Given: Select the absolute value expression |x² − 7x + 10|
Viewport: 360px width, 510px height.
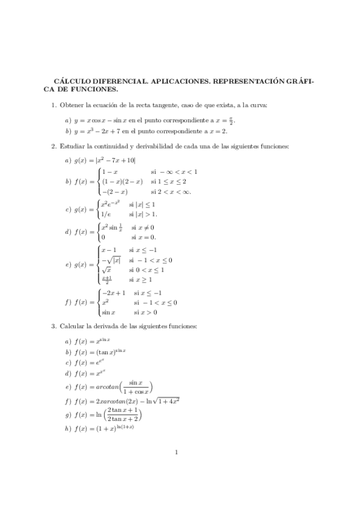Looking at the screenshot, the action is tap(113, 160).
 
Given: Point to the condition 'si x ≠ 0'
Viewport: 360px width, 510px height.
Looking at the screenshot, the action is tap(142, 228).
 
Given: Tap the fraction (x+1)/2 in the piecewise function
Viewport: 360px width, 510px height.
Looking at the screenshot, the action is tap(106, 280).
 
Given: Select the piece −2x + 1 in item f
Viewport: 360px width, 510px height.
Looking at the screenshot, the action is tap(114, 293).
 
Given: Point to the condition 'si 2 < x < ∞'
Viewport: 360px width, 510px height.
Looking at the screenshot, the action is tap(171, 192).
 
